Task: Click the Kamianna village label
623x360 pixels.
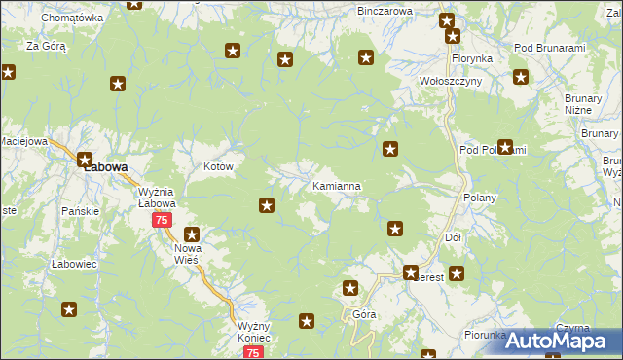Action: coord(337,185)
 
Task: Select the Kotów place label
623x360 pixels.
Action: coord(218,166)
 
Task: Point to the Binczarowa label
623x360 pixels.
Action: coord(385,11)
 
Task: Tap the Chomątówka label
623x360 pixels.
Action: coord(74,18)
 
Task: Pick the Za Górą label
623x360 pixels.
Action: coord(46,46)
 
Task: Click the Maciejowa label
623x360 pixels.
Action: coord(23,141)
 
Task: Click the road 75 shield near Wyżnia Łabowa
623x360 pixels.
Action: coord(163,221)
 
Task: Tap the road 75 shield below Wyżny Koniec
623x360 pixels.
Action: coord(253,353)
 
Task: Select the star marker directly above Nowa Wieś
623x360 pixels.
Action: coord(192,234)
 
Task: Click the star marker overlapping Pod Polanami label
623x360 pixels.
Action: coord(505,148)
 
